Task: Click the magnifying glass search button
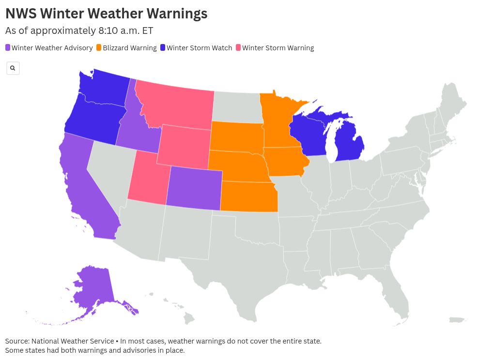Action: (x=13, y=68)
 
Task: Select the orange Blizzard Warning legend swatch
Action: (x=99, y=48)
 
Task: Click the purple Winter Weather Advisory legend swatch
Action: (x=8, y=48)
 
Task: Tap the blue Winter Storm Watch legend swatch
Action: (x=163, y=48)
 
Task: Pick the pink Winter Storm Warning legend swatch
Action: (x=238, y=48)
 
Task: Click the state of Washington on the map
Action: (x=104, y=90)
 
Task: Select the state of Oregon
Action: (x=92, y=121)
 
